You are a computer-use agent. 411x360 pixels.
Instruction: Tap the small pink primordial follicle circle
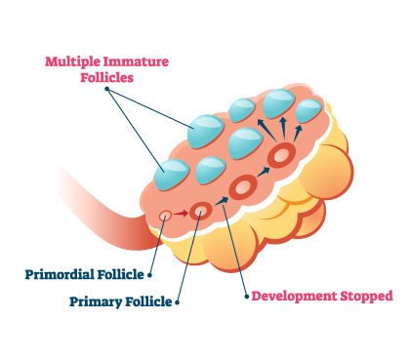tap(166, 214)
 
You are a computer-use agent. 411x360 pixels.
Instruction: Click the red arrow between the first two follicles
tap(183, 211)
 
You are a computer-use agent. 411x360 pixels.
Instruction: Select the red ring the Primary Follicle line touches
tap(201, 210)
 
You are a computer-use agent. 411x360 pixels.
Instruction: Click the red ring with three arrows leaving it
tap(282, 154)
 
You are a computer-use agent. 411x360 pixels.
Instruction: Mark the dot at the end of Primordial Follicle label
tap(150, 274)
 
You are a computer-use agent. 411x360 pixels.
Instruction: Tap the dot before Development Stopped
tap(243, 295)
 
